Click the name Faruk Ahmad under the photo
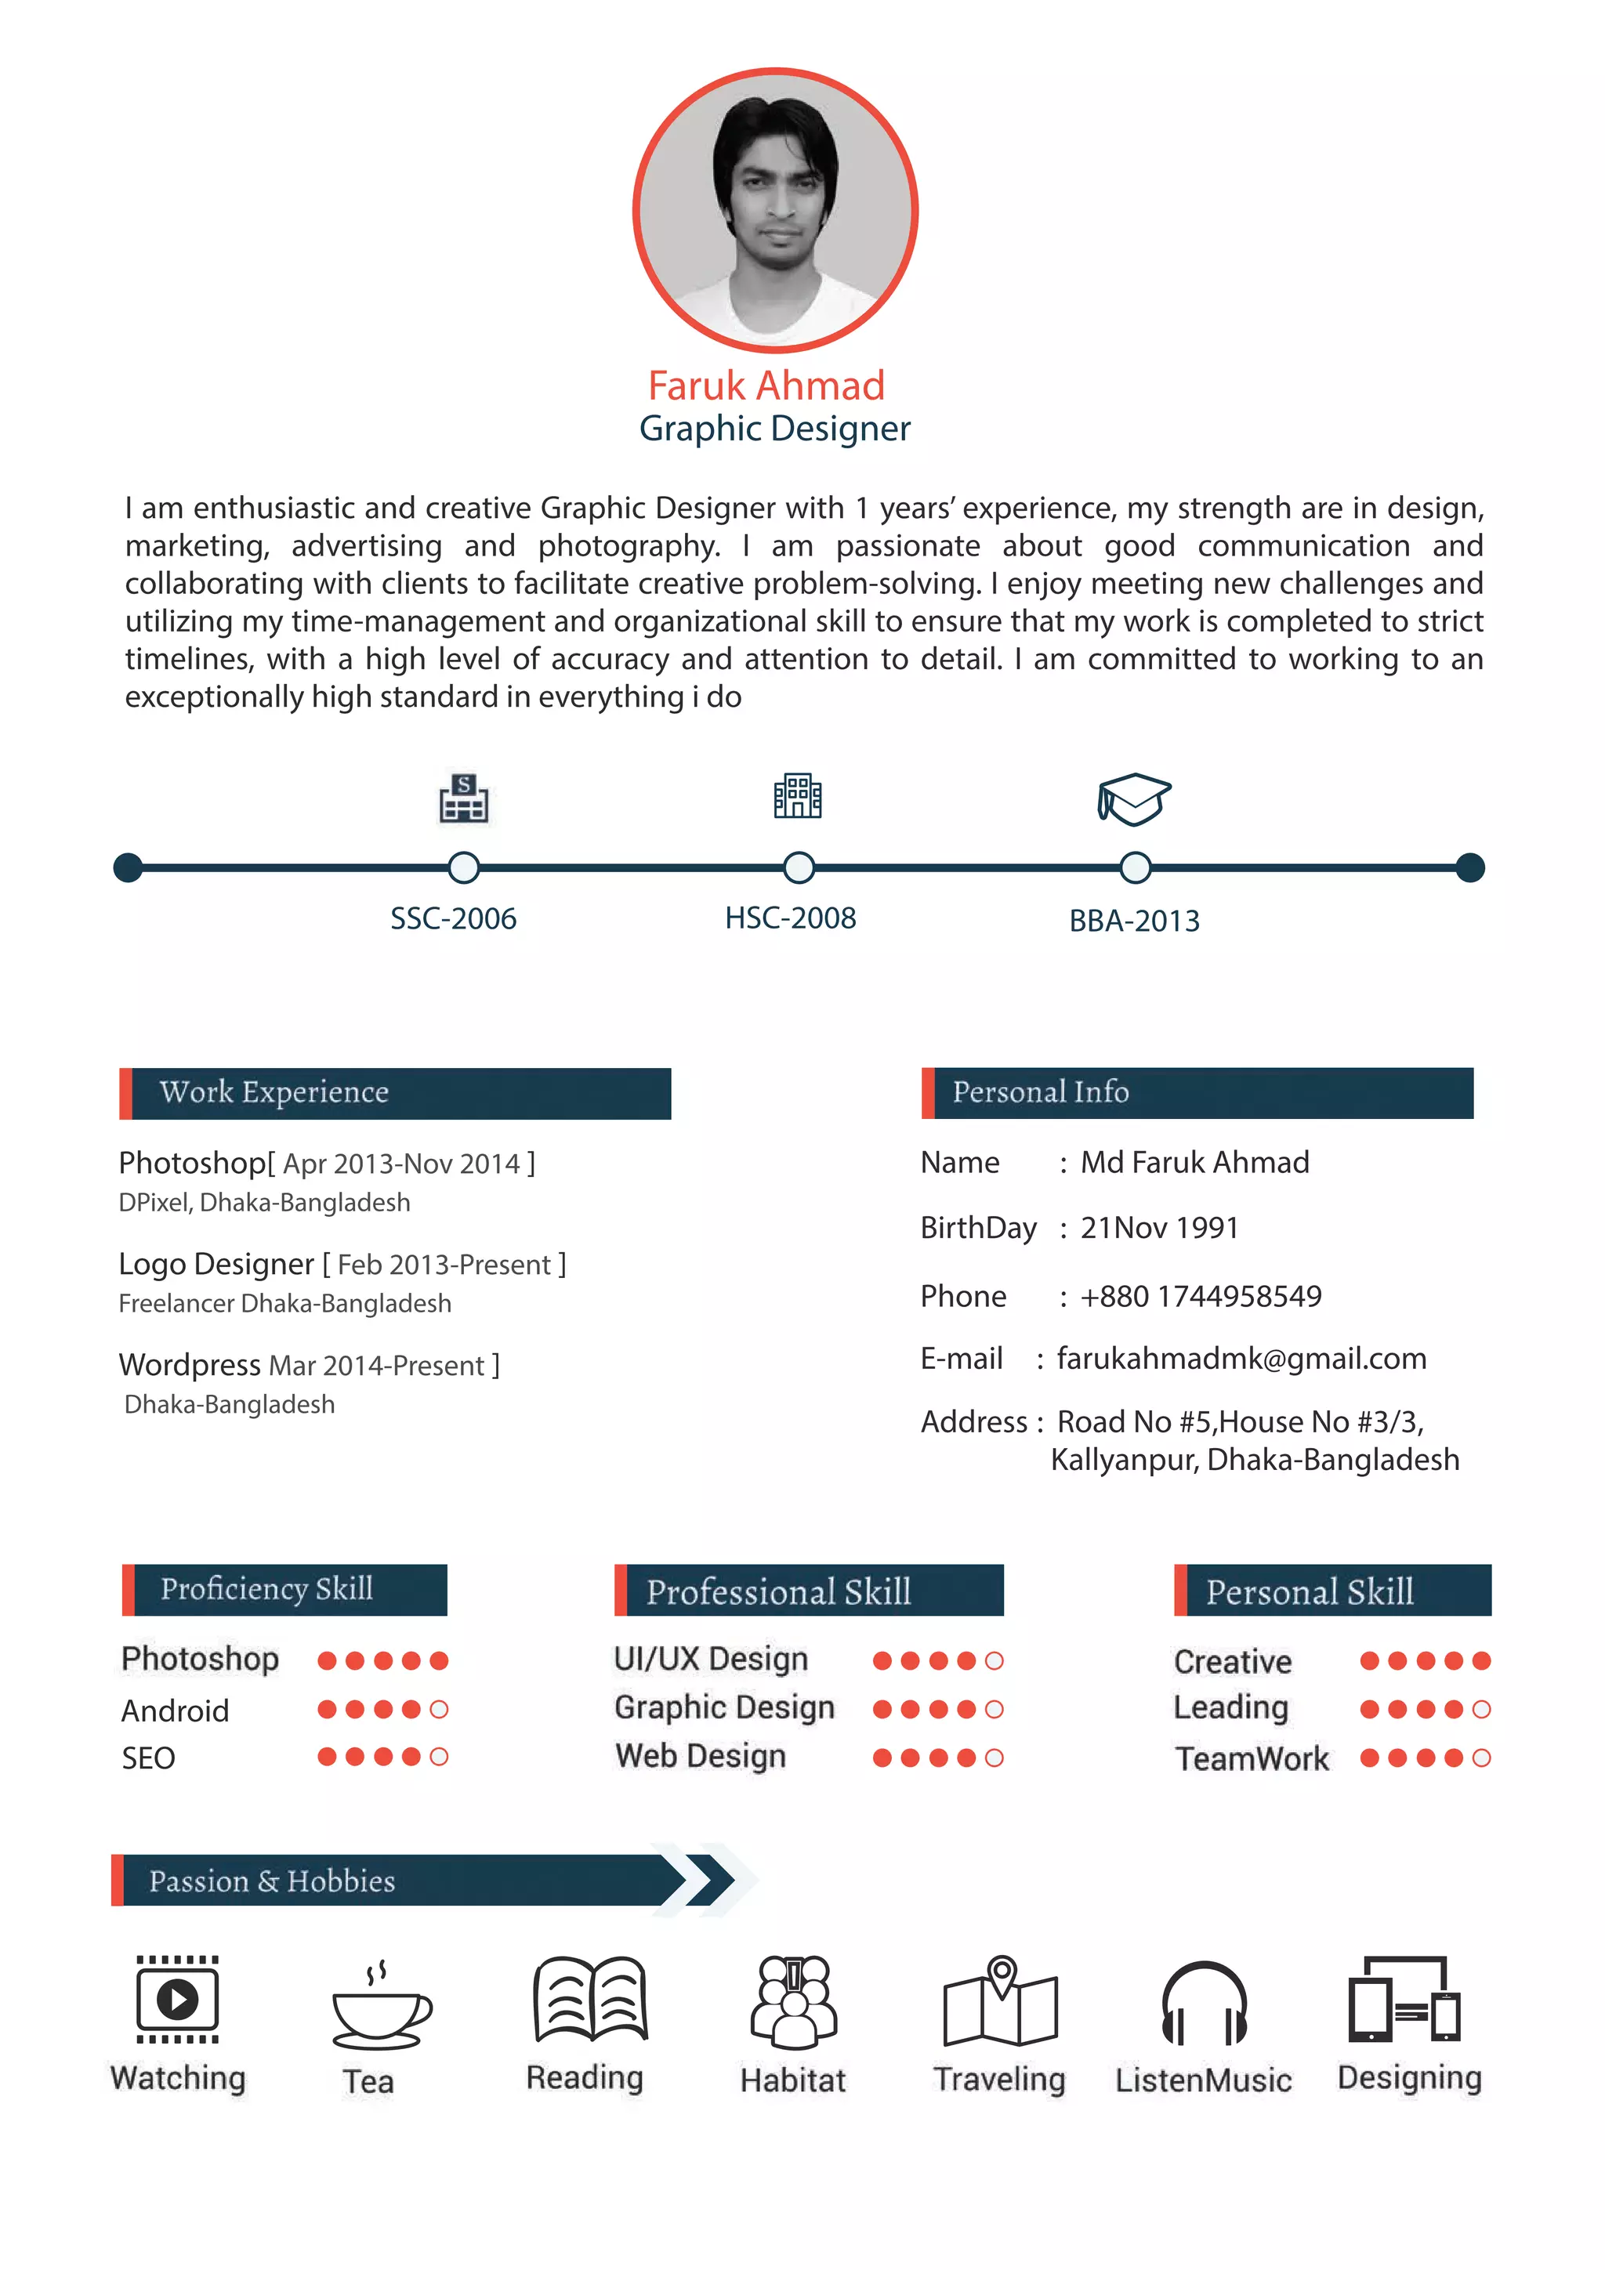pyautogui.click(x=766, y=386)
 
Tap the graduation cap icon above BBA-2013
pyautogui.click(x=1133, y=799)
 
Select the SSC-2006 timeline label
pyautogui.click(x=453, y=918)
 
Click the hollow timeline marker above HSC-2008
pyautogui.click(x=798, y=867)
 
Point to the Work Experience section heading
pyautogui.click(x=274, y=1092)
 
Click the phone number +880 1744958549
pyautogui.click(x=1201, y=1296)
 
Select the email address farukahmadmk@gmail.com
pyautogui.click(x=1241, y=1359)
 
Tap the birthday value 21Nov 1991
pyautogui.click(x=1159, y=1228)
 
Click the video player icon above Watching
pyautogui.click(x=177, y=1999)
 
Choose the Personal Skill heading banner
pyautogui.click(x=1332, y=1591)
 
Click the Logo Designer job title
pyautogui.click(x=216, y=1265)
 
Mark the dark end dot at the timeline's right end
pyautogui.click(x=1469, y=867)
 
